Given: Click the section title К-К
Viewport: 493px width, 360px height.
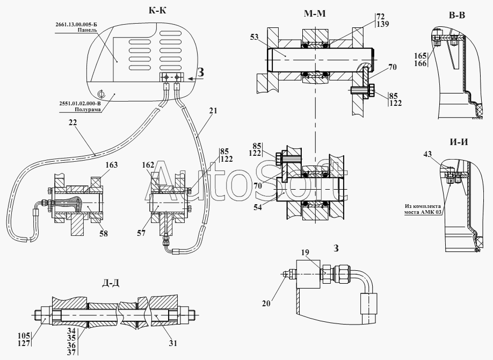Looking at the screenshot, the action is (x=157, y=11).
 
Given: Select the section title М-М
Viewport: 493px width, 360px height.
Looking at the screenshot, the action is (x=315, y=13).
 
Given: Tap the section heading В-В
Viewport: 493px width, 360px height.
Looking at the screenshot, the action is (x=457, y=15).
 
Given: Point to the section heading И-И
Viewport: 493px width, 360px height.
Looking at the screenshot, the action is (x=459, y=142).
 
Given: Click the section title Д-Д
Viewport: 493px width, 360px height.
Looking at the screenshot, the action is (x=111, y=284).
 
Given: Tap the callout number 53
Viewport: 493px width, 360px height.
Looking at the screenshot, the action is (x=254, y=37).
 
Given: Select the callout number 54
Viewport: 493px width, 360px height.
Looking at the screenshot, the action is (x=257, y=207).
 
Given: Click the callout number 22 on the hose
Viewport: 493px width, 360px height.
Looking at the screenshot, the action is (x=73, y=123).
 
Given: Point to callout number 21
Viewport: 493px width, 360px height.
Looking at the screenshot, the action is (x=213, y=111).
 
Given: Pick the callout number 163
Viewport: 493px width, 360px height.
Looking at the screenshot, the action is (x=111, y=164).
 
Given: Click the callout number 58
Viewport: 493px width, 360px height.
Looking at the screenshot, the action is (x=104, y=233).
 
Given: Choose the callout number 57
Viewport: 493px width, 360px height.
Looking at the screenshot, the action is (x=141, y=233).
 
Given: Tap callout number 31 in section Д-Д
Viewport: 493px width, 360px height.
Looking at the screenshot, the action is (x=173, y=343).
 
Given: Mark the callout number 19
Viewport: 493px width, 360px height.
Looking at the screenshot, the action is (x=305, y=252).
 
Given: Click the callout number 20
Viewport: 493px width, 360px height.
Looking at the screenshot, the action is (x=266, y=304).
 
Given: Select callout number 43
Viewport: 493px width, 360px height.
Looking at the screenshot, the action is (x=427, y=154).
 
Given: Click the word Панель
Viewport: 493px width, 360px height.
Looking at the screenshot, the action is (x=88, y=30).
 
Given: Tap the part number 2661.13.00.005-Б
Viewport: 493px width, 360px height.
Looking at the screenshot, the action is (x=76, y=25).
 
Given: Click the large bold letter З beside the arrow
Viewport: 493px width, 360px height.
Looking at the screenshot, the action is (x=200, y=73).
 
